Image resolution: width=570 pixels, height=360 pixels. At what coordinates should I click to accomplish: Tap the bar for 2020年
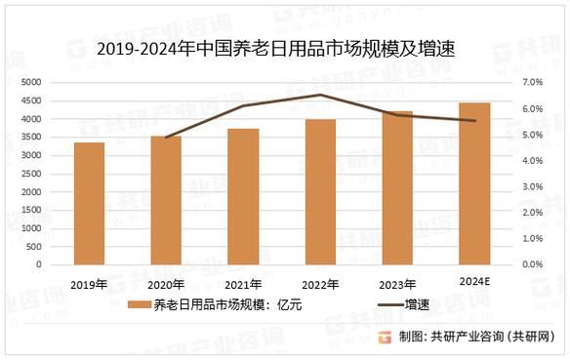[x=166, y=200]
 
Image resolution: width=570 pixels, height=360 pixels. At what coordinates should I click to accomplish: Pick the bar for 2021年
[x=243, y=196]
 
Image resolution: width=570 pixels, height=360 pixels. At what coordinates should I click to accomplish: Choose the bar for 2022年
[x=320, y=191]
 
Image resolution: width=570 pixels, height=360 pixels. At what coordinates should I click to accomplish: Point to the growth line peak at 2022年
[x=320, y=95]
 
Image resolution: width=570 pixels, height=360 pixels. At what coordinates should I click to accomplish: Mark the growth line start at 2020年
[x=166, y=138]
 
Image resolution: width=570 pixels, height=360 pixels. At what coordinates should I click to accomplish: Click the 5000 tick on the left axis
[x=56, y=82]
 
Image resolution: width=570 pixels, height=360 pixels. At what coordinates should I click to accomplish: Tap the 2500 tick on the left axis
[x=56, y=174]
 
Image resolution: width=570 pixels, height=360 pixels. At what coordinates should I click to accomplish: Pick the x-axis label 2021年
[x=243, y=285]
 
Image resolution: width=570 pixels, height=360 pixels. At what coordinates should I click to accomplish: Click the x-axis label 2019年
[x=89, y=285]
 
